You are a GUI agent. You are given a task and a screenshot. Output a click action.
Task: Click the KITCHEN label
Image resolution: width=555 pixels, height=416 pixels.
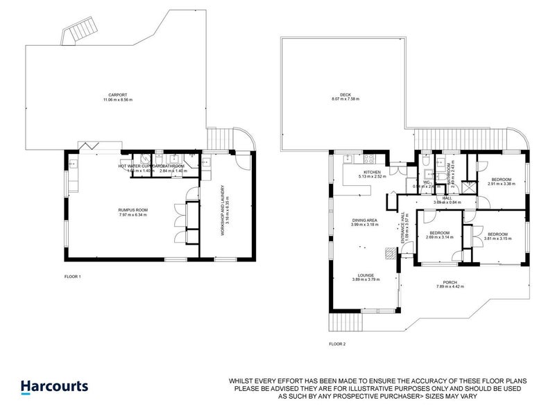pos(372,171)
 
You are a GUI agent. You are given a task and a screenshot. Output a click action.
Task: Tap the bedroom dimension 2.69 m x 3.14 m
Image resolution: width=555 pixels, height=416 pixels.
pos(439,237)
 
